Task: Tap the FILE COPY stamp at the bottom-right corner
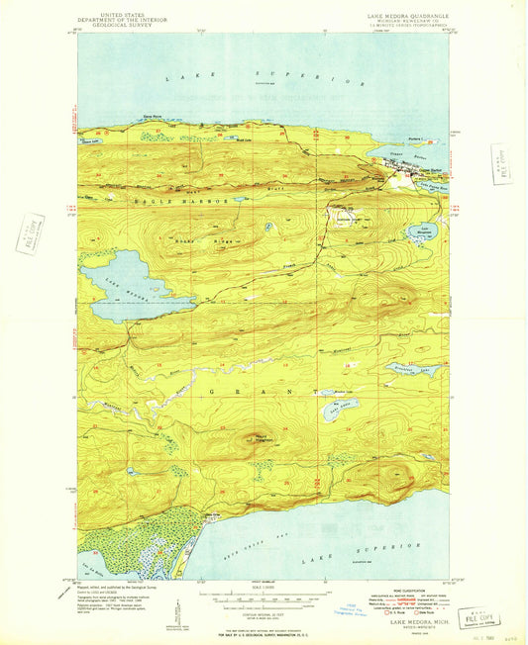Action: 484,616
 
